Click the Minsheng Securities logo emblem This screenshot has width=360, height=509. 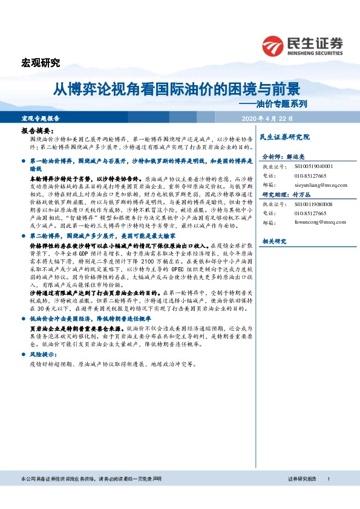pyautogui.click(x=273, y=45)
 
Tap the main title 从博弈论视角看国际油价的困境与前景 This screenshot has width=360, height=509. pyautogui.click(x=176, y=89)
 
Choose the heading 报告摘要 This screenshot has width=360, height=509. pyautogui.click(x=38, y=131)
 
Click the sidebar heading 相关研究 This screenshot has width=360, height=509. pyautogui.click(x=273, y=242)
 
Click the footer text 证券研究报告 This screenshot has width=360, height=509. pyautogui.click(x=303, y=478)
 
